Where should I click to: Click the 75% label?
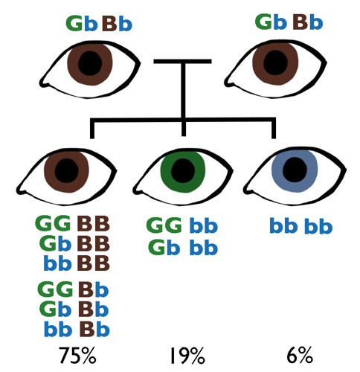(77, 356)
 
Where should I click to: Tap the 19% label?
(187, 356)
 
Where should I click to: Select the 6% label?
(300, 356)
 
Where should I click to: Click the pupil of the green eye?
(183, 171)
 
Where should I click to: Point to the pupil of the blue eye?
(295, 170)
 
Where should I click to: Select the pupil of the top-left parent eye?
(90, 63)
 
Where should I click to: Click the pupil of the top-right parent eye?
(275, 62)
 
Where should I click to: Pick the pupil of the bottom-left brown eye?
(66, 171)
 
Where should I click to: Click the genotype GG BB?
(72, 223)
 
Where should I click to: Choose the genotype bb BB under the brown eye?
(77, 263)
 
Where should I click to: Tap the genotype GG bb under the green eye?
(182, 225)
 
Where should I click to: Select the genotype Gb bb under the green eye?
(183, 247)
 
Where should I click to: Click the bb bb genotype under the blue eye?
(300, 225)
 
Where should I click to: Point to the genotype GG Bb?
(73, 289)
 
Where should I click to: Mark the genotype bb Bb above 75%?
(77, 329)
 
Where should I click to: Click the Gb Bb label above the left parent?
(99, 23)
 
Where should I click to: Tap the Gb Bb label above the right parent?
(289, 22)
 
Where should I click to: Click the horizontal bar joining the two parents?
(182, 61)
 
